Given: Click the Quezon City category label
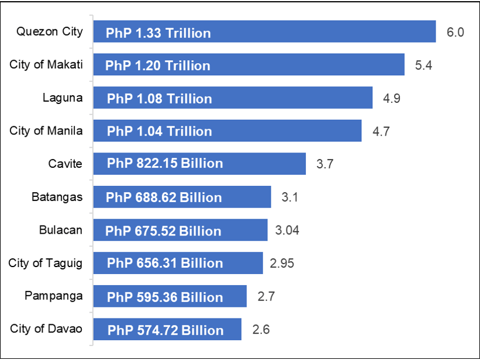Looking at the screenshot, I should click(x=50, y=32).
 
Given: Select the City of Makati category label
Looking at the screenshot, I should click(x=46, y=64).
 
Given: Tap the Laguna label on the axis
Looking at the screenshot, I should click(x=63, y=98).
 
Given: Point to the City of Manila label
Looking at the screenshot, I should click(x=46, y=130).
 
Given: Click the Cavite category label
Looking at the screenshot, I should click(x=65, y=164).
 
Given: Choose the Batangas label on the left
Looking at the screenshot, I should click(x=57, y=197).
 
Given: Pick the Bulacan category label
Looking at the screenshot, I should click(x=60, y=230).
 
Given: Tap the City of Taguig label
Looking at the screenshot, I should click(x=46, y=263).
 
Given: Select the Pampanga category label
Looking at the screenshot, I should click(x=53, y=296).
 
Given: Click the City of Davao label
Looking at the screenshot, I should click(x=46, y=328).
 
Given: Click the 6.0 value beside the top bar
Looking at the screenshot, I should click(x=455, y=32).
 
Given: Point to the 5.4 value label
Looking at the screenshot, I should click(x=423, y=65).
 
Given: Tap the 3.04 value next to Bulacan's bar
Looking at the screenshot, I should click(x=287, y=230).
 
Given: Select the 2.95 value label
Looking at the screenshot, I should click(x=282, y=263).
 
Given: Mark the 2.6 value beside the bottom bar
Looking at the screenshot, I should click(x=261, y=329).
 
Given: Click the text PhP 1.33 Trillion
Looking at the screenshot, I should click(x=158, y=33).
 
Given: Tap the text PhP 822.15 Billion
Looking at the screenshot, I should click(x=165, y=163).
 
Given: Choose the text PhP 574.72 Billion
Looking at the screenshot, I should click(x=165, y=330).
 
